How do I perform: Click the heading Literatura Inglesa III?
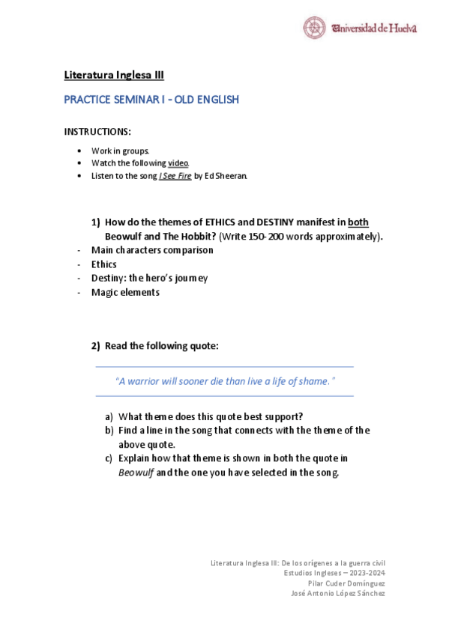pos(114,75)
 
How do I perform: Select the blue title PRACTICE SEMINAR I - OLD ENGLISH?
pos(151,100)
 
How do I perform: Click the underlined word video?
pos(178,163)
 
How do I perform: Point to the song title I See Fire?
pos(170,176)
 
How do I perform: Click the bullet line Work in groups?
pos(115,151)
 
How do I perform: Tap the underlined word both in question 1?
pos(358,222)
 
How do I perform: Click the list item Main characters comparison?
pos(152,250)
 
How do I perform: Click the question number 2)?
pos(95,346)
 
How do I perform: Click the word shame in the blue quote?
pos(313,381)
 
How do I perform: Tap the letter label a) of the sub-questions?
pos(109,417)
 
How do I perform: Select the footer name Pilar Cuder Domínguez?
pos(346,583)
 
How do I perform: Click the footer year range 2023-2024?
pos(367,573)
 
